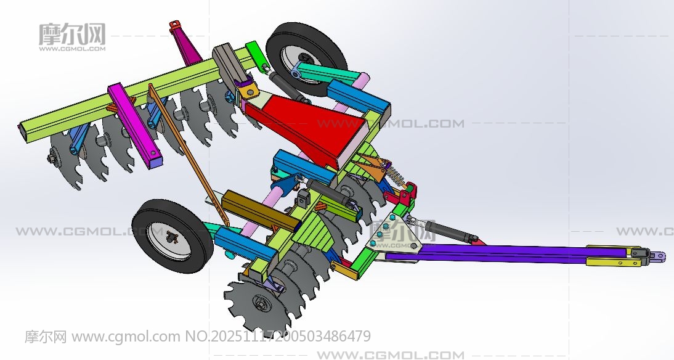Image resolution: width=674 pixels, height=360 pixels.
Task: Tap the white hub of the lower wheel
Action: point(169,240)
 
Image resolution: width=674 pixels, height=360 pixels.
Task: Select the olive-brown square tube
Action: point(259,211)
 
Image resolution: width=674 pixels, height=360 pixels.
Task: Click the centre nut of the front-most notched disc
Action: point(261,304)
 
